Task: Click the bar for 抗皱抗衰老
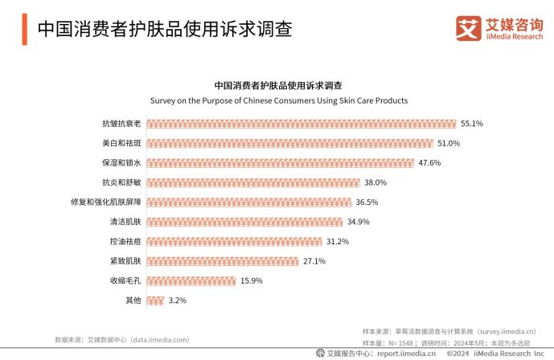click(x=302, y=124)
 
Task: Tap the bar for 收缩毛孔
click(x=192, y=280)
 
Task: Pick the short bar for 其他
click(x=156, y=300)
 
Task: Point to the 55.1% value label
click(x=471, y=124)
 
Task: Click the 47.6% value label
click(x=429, y=163)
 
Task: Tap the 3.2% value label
click(x=177, y=300)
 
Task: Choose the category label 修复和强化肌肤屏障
click(x=106, y=202)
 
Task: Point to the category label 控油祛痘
click(x=125, y=241)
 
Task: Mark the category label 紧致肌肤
click(x=125, y=261)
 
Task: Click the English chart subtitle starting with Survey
click(x=279, y=101)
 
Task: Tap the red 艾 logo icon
click(x=469, y=28)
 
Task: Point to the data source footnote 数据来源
click(x=121, y=340)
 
